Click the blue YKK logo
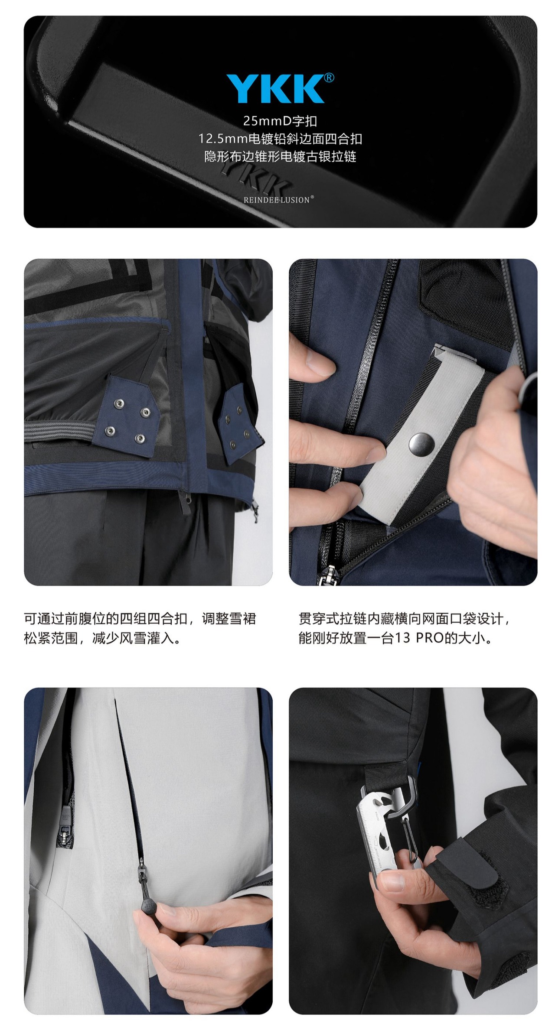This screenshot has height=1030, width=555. [x=276, y=89]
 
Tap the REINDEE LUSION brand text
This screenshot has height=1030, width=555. [x=277, y=200]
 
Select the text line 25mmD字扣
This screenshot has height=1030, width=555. [x=280, y=121]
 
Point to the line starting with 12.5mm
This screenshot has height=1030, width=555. [x=280, y=139]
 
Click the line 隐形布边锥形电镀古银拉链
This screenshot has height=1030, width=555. [x=280, y=156]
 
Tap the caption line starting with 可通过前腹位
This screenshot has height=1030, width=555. [x=140, y=618]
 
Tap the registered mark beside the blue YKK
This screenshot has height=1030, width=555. [x=329, y=78]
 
